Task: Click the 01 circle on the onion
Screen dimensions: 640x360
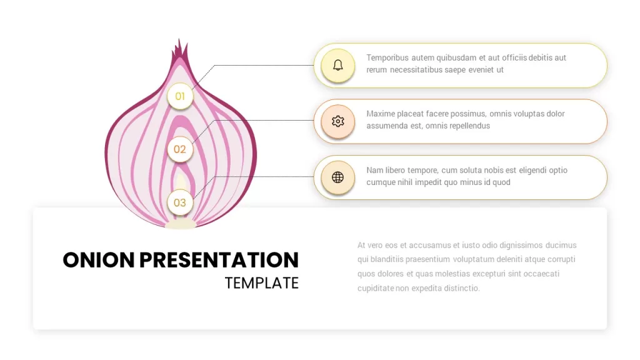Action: point(180,96)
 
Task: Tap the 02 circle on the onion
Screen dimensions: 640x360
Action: point(180,149)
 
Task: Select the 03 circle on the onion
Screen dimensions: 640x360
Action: point(180,202)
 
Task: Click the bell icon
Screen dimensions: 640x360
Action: point(338,65)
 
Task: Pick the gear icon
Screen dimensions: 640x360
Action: point(338,121)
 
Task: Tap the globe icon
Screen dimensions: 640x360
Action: point(338,177)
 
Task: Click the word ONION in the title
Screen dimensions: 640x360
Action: point(99,260)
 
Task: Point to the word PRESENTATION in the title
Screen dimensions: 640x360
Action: point(219,260)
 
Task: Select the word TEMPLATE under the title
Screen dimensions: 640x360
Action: point(262,283)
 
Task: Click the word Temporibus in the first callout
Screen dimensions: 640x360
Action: point(387,58)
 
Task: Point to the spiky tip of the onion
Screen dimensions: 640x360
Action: point(179,41)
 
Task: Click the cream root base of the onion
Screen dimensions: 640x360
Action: point(180,224)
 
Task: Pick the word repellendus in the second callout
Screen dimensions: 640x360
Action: point(470,126)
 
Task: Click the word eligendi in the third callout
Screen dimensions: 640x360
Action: point(533,170)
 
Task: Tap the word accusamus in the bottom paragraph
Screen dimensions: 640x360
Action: point(430,245)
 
